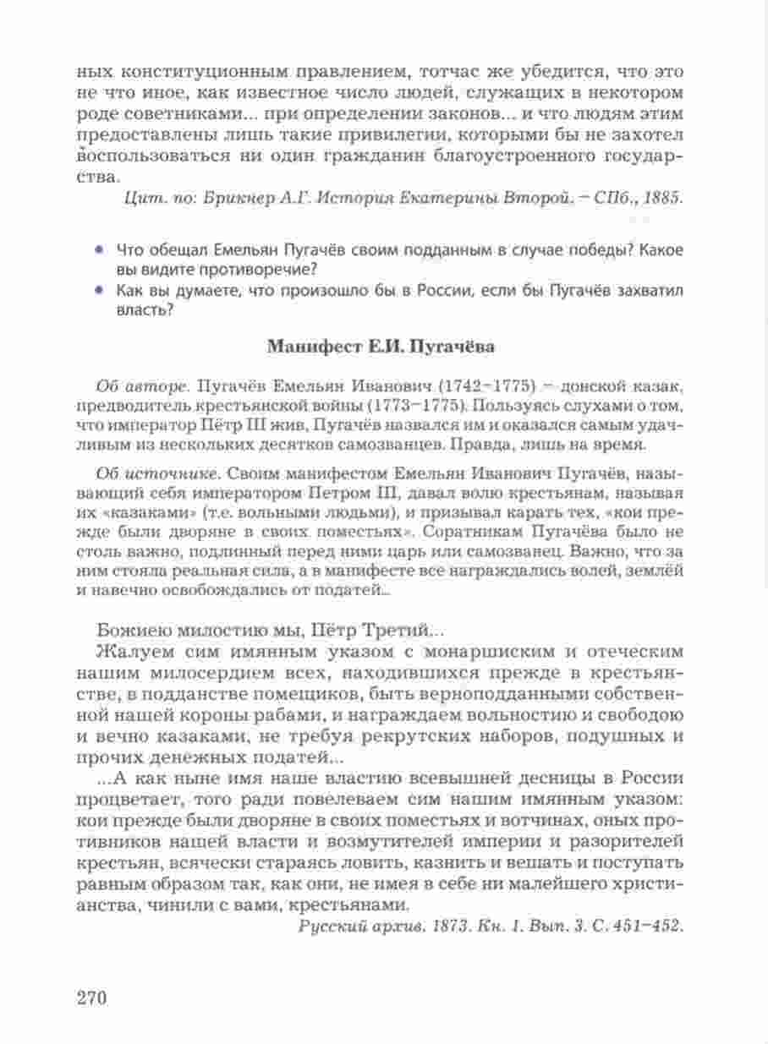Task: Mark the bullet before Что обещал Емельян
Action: tap(99, 251)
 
